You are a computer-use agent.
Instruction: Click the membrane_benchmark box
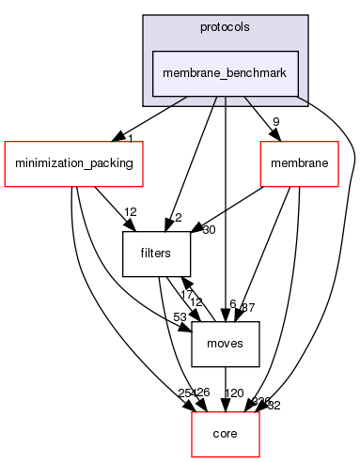(226, 72)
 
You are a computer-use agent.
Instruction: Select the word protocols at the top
(226, 26)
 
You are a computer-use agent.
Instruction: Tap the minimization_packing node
(71, 163)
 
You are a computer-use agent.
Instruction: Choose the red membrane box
(298, 163)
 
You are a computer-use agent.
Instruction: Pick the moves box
(225, 343)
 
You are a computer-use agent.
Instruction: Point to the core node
(225, 433)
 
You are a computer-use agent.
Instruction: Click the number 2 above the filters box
(177, 219)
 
